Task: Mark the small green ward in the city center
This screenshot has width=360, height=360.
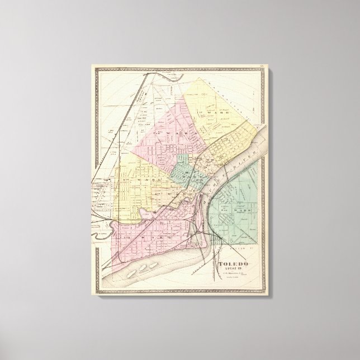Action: pos(184,170)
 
